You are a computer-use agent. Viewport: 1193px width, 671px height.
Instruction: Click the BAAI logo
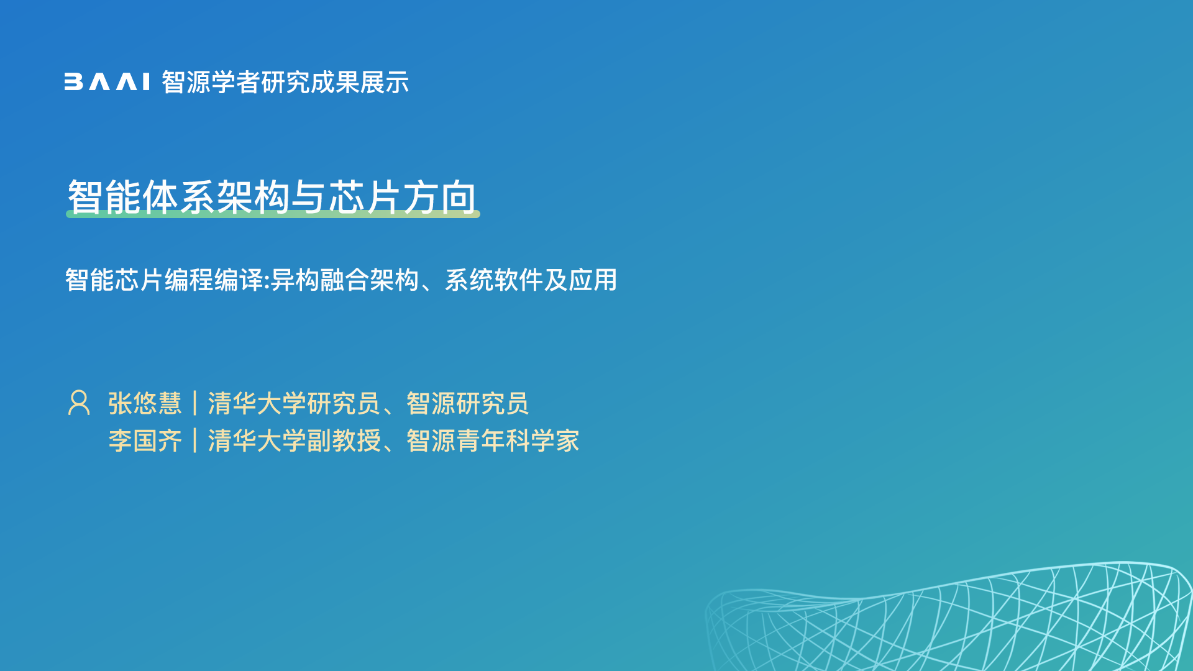(107, 82)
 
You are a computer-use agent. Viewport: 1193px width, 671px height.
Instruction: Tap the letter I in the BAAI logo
(146, 82)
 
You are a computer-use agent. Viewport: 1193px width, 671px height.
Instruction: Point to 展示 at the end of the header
(385, 83)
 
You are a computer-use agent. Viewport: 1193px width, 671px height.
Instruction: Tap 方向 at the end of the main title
(440, 197)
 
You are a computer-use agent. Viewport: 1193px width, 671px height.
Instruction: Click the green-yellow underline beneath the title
(273, 214)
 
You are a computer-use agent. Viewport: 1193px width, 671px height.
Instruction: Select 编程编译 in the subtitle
(214, 280)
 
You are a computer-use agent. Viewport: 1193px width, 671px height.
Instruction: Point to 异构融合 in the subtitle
(320, 280)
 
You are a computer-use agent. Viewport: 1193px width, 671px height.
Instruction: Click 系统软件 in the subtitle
(494, 280)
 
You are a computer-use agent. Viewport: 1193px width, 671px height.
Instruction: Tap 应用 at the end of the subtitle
(593, 280)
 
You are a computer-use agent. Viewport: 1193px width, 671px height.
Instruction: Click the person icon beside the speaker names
(79, 403)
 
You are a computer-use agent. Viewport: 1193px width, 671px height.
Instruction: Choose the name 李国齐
(145, 441)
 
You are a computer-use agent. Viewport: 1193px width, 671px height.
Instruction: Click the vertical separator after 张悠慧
(195, 403)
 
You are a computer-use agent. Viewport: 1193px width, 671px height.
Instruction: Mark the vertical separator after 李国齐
(195, 440)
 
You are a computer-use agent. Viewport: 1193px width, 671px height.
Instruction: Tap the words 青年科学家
(518, 441)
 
